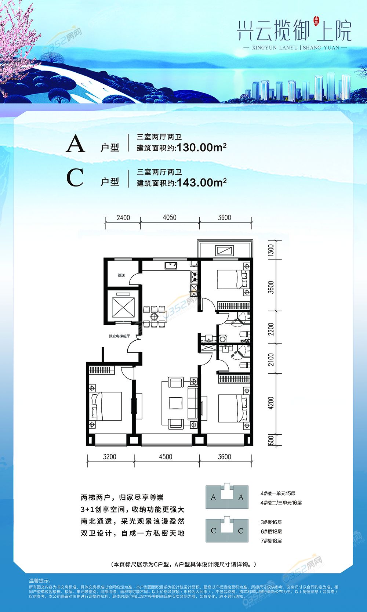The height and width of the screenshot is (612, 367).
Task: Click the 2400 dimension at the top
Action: [x=123, y=218]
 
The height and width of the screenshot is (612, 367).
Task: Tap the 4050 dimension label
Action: [x=170, y=217]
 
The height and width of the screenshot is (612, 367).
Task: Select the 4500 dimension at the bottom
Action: [x=166, y=457]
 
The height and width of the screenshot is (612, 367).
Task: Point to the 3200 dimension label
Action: [x=109, y=457]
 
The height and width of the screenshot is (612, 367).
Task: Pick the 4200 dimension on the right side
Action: [x=271, y=403]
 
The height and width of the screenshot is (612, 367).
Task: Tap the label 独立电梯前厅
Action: [x=119, y=336]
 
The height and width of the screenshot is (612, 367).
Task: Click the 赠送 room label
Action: [x=121, y=275]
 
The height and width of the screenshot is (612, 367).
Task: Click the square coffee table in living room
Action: [x=175, y=403]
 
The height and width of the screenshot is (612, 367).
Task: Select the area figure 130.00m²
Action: [x=201, y=148]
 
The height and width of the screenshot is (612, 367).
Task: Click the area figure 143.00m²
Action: [x=201, y=182]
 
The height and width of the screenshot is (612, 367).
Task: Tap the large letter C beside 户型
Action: [x=75, y=178]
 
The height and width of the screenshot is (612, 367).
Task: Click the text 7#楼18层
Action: [x=271, y=541]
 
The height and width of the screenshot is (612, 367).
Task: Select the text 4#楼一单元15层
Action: [x=278, y=493]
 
